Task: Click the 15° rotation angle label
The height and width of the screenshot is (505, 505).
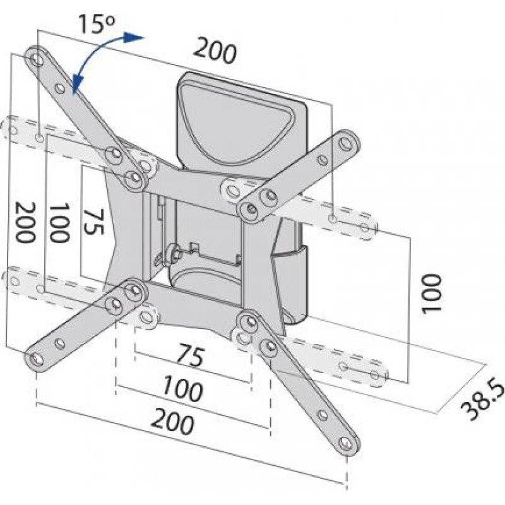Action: click(x=96, y=23)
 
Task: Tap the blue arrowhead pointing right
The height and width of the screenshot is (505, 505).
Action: click(x=134, y=37)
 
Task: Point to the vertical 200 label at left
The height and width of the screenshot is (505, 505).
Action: click(x=25, y=222)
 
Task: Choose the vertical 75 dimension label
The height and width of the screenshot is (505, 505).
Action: click(x=93, y=222)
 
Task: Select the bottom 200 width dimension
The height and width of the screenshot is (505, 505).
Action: click(x=172, y=421)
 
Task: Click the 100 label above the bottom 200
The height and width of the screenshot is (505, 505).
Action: click(x=182, y=389)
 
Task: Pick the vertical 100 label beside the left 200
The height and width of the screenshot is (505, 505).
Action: click(x=59, y=223)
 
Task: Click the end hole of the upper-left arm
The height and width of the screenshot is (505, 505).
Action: click(x=37, y=59)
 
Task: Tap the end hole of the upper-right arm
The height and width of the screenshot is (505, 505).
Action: click(x=345, y=143)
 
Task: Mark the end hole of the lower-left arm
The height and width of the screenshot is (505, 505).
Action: click(x=37, y=359)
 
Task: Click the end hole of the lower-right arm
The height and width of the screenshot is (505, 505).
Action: click(x=345, y=443)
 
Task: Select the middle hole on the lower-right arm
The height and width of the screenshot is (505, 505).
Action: click(x=323, y=415)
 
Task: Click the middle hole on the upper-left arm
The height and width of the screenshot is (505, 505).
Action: click(x=59, y=88)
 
